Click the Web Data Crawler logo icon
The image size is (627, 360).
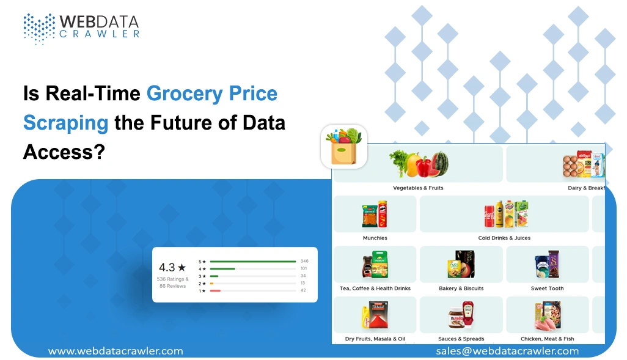(x=39, y=28)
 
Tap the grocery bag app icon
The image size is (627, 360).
(x=344, y=147)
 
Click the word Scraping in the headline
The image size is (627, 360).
(x=65, y=122)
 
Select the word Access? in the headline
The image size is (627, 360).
(x=62, y=151)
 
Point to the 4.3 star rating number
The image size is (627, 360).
(x=167, y=267)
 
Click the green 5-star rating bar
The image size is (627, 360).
(x=252, y=261)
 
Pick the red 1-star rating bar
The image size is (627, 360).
(x=215, y=291)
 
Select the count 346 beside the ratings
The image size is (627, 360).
(x=304, y=261)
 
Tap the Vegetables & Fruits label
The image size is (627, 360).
(x=418, y=188)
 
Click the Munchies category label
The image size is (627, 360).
(x=375, y=238)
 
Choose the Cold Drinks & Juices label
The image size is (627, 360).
(x=504, y=238)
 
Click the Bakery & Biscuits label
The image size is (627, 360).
(x=461, y=288)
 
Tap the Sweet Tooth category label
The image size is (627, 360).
(x=547, y=288)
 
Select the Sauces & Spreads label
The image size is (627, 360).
(x=461, y=339)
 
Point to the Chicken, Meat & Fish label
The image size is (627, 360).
(x=547, y=339)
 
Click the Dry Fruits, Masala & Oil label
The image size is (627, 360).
(x=375, y=339)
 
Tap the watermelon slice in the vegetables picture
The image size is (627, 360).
(x=438, y=164)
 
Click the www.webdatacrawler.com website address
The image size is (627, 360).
(x=116, y=351)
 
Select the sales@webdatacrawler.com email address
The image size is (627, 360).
(x=507, y=351)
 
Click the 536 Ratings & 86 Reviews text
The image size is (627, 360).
(x=172, y=282)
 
